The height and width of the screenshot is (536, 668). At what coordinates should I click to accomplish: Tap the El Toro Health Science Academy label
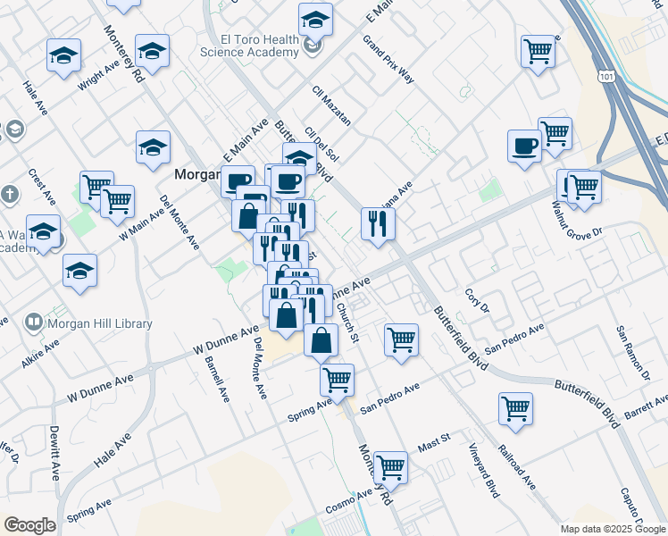point(259,46)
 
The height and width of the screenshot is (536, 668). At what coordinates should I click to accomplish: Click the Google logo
point(29,525)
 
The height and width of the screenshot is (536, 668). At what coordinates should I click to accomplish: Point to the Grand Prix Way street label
point(388,59)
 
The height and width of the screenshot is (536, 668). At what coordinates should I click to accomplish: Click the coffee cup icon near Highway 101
point(524,145)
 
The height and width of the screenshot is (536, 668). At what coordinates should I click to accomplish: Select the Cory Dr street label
point(478,300)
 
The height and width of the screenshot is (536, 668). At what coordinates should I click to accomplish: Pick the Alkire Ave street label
point(41,353)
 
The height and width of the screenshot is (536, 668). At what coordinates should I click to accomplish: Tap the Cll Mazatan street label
point(331,105)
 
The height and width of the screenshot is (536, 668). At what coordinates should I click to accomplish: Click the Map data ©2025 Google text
point(612,529)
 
